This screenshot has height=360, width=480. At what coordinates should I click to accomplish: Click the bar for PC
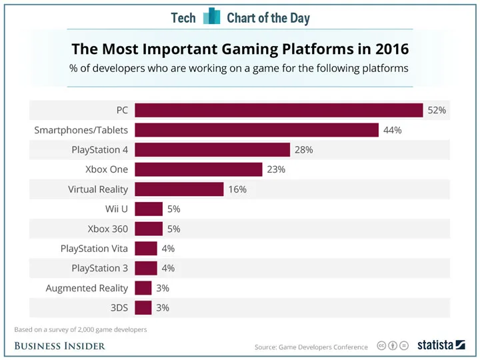[x=279, y=110]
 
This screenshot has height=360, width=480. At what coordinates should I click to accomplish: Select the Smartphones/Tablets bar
[x=257, y=130]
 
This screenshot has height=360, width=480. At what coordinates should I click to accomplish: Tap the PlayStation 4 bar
[x=213, y=150]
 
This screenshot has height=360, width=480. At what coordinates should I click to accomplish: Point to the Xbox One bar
[x=199, y=169]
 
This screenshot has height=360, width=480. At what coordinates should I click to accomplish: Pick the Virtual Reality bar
[x=179, y=189]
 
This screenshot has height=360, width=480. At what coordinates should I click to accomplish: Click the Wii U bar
[x=149, y=209]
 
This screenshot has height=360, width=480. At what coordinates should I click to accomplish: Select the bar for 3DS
[x=143, y=307]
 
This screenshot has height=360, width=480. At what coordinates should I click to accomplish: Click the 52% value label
[x=437, y=110]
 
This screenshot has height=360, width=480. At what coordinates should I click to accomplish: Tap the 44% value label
[x=393, y=130]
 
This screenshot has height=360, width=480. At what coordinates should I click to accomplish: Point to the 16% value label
[x=237, y=189]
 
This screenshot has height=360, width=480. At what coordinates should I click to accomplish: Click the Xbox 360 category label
[x=108, y=229]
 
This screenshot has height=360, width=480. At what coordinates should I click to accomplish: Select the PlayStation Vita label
[x=94, y=248]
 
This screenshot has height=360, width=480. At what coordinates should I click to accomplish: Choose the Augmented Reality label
[x=87, y=288]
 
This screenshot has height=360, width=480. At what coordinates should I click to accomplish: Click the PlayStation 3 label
[x=100, y=268]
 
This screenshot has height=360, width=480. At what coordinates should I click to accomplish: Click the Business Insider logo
[x=60, y=346]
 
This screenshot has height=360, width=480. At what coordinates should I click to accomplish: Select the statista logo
[x=441, y=345]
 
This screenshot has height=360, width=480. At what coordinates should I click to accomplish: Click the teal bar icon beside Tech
[x=211, y=16]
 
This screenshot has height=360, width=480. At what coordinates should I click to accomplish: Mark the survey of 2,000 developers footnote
[x=81, y=330]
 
